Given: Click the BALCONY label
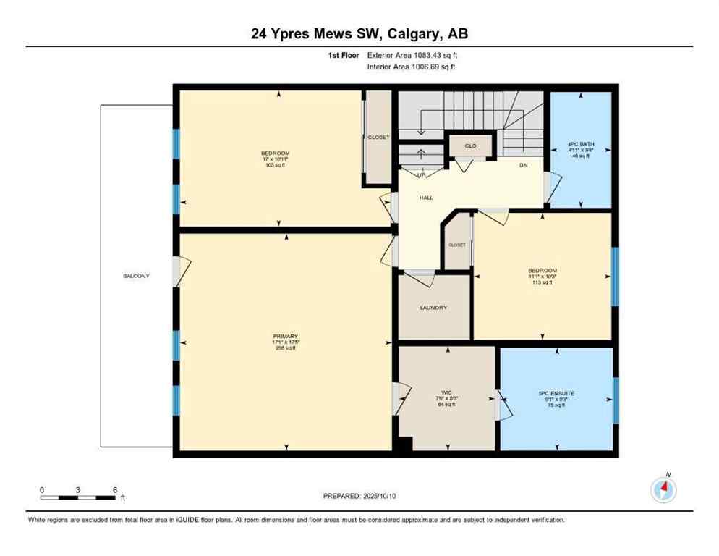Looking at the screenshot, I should tap(136, 276).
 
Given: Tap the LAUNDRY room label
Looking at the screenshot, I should tap(433, 308).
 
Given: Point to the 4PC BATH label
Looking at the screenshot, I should tap(582, 144).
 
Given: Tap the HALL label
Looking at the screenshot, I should tap(426, 197).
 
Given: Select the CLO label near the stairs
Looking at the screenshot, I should tap(470, 146).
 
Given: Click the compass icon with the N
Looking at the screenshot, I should tap(663, 491).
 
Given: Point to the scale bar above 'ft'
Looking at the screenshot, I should tap(78, 497).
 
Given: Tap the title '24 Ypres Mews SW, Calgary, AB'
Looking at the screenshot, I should tap(359, 33).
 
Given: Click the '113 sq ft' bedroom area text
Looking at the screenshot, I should tap(542, 283).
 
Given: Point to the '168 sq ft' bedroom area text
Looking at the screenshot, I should tap(276, 165).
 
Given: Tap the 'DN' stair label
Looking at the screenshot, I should tap(524, 165).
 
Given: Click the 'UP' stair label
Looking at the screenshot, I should tap(420, 174).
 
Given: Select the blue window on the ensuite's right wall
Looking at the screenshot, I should tap(616, 400).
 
